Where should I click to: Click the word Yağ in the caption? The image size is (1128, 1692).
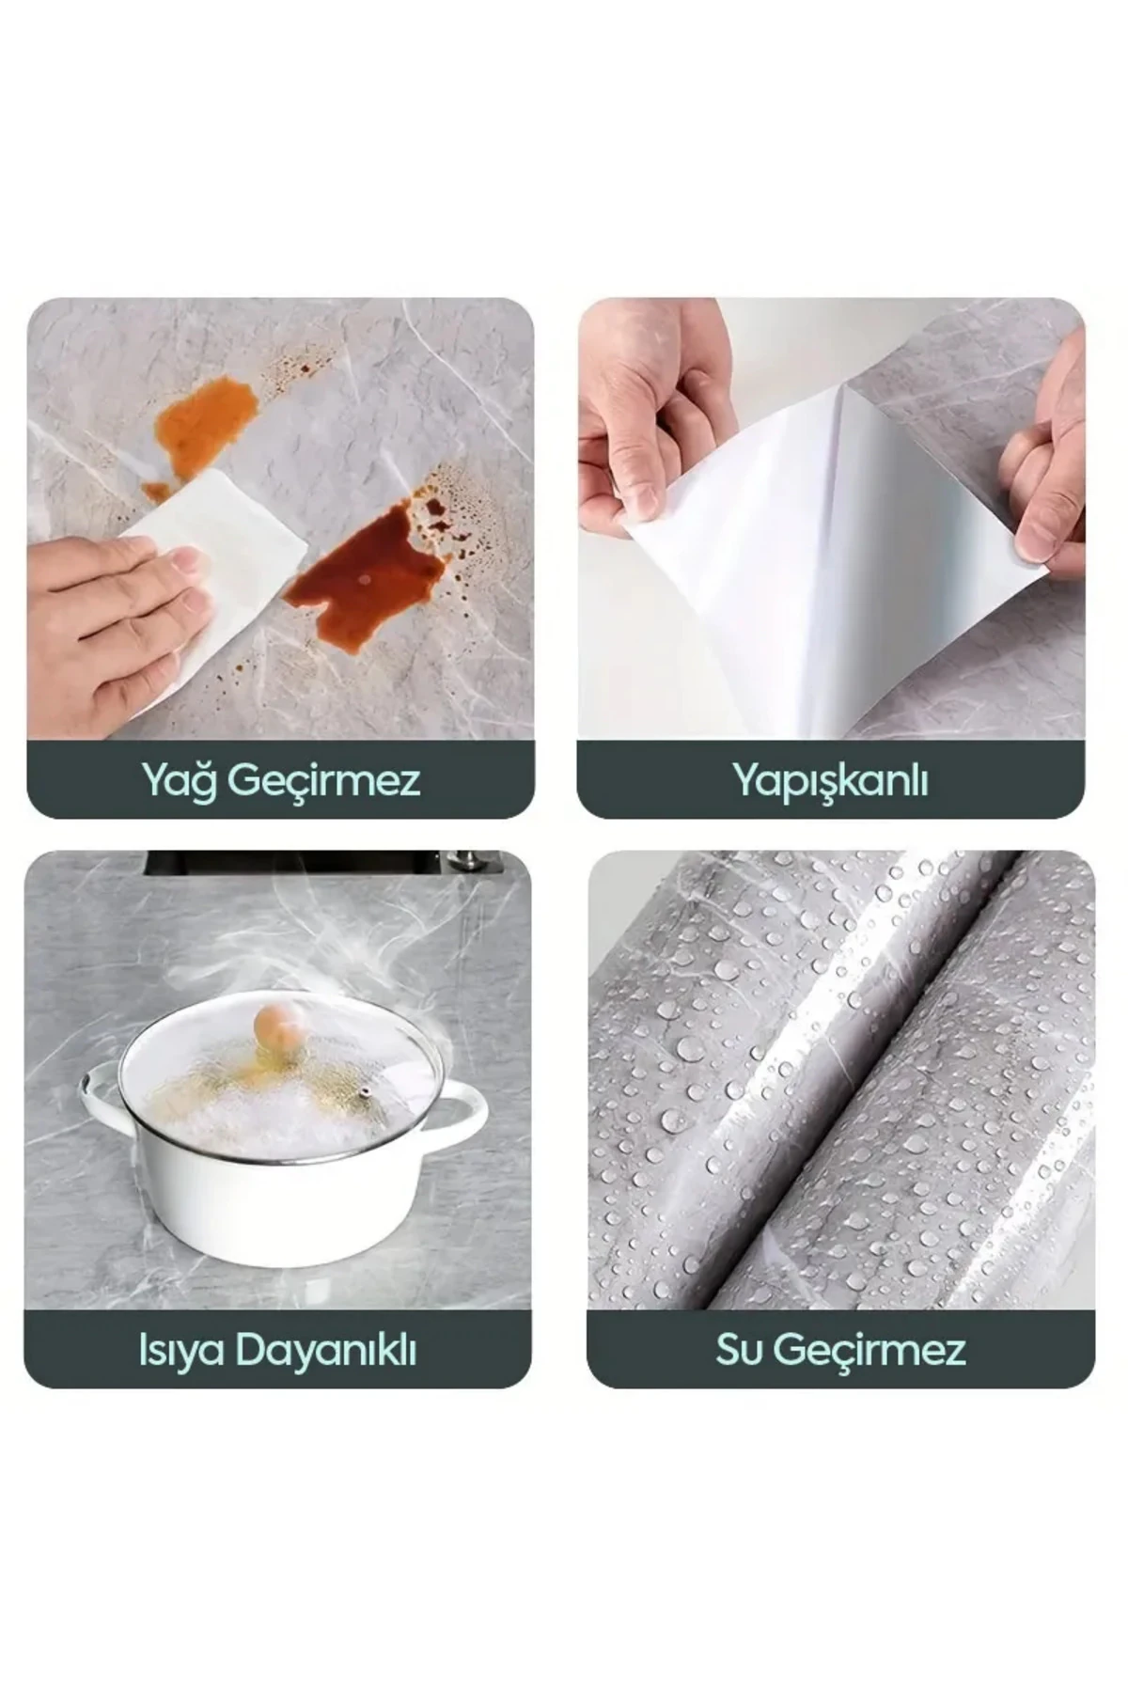(179, 781)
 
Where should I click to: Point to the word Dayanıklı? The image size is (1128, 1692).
(325, 1351)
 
